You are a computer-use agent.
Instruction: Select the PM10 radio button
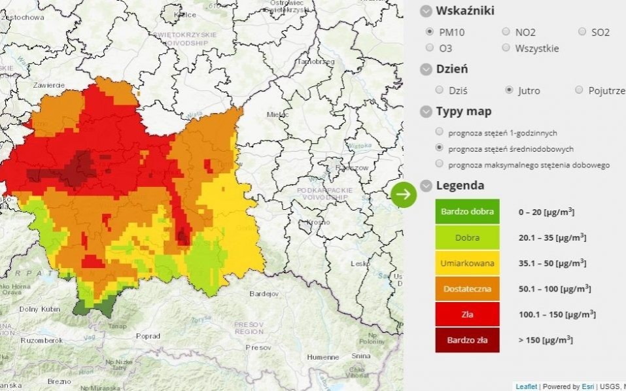point(430,31)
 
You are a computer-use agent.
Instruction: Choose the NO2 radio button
point(506,31)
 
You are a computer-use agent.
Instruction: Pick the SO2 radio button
point(582,31)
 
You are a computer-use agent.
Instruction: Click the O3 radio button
point(430,48)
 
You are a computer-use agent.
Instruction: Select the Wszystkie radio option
point(506,48)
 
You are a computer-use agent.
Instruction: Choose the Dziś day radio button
point(440,90)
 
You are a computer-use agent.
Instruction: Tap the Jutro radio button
point(510,90)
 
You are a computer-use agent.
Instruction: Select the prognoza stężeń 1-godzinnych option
point(439,132)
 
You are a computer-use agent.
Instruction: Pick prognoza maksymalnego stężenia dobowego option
point(439,164)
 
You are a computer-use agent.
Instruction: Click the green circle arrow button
point(404,194)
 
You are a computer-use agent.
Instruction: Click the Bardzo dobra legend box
point(467,212)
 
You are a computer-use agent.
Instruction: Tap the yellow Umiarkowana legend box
point(467,263)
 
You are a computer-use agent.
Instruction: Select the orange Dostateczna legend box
point(467,288)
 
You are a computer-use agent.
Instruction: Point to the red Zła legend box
point(467,314)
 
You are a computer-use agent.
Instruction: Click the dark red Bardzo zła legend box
point(467,340)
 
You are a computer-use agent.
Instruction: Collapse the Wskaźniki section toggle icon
point(426,11)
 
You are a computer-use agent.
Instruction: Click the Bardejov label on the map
point(264,294)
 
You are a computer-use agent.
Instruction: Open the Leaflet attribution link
point(526,386)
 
